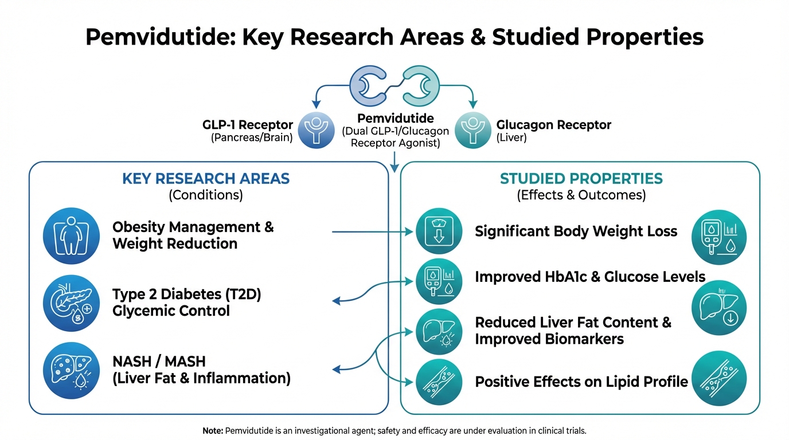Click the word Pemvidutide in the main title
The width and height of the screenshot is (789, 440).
[159, 37]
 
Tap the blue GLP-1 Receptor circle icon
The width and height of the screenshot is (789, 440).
[317, 131]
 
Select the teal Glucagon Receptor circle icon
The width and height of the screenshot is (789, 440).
[472, 131]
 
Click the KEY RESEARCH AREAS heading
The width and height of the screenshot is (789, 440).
[206, 178]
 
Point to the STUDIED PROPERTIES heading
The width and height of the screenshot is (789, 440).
[581, 178]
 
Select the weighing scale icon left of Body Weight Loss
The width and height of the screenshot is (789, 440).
[438, 231]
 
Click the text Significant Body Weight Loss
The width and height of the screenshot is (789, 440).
[576, 231]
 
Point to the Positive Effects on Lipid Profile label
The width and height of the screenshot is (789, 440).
[581, 382]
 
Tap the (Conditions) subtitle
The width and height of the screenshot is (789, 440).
[206, 195]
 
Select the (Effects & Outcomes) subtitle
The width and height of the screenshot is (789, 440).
[581, 195]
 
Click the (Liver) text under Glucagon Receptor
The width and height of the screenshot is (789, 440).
[511, 138]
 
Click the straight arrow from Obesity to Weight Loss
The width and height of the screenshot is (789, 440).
[373, 232]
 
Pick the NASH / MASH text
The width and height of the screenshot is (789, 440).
[159, 362]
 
